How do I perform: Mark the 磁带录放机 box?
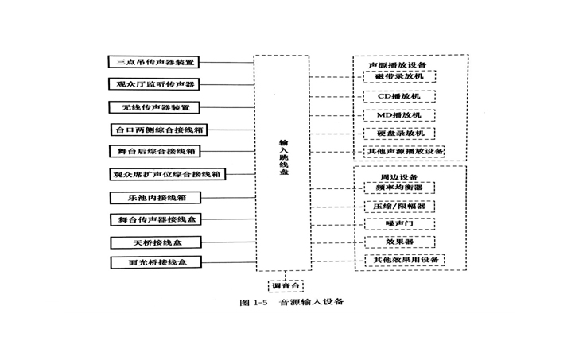click(x=399, y=77)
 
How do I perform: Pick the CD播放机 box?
click(x=399, y=96)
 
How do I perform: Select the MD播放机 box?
click(x=399, y=114)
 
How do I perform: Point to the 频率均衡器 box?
click(x=399, y=188)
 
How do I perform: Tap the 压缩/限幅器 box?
click(x=399, y=206)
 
